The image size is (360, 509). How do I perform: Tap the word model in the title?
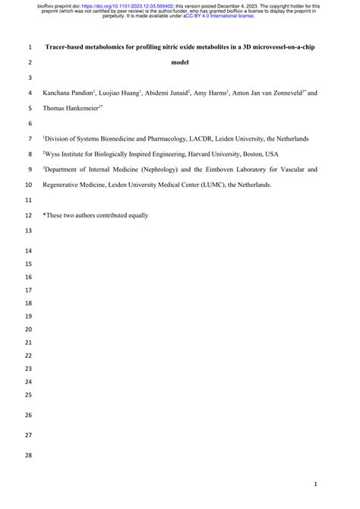[x=180, y=62]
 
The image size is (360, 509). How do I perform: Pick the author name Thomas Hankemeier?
[x=74, y=109]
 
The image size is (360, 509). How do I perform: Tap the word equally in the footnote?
[x=135, y=216]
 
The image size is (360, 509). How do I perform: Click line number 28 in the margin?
[x=30, y=455]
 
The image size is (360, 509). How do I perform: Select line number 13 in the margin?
[x=30, y=231]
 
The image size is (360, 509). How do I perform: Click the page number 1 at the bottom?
[x=325, y=484]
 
